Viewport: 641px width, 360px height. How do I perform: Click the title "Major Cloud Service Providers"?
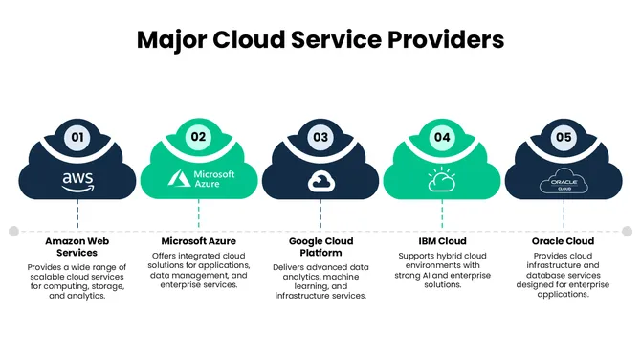320,40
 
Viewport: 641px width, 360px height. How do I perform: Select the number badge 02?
199,137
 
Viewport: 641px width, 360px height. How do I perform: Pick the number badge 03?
320,137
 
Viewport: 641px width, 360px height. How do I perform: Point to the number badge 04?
442,137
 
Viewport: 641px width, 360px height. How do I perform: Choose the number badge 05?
563,137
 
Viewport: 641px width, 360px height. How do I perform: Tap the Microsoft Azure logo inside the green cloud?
199,179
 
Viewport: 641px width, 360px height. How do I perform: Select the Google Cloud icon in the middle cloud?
320,180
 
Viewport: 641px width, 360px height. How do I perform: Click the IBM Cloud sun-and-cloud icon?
442,179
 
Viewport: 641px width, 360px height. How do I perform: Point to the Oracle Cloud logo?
563,180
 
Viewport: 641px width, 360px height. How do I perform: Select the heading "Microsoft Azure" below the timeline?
199,240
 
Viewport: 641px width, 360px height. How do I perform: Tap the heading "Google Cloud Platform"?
320,247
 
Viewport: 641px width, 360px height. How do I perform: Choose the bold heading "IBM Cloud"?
442,240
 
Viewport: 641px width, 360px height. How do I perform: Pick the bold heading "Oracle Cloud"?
563,240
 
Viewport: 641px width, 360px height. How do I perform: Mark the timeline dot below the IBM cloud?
442,231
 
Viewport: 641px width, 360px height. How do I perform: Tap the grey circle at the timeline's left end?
13,231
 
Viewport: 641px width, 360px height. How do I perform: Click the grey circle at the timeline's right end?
628,231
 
